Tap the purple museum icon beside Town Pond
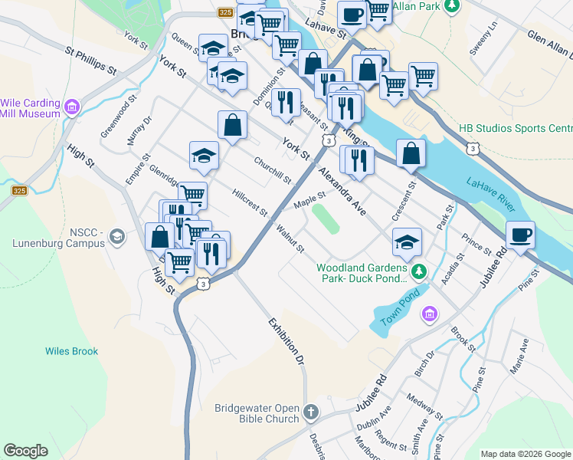pyautogui.click(x=429, y=314)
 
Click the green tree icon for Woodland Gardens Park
pyautogui.click(x=419, y=272)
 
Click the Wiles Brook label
pyautogui.click(x=71, y=351)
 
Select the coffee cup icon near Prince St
pyautogui.click(x=520, y=235)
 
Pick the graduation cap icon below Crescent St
pyautogui.click(x=407, y=242)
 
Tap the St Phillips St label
pyautogui.click(x=90, y=61)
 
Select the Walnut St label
pyautogui.click(x=290, y=238)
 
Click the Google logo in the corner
pyautogui.click(x=25, y=451)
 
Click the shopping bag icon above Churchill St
pyautogui.click(x=232, y=125)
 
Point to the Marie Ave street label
pyautogui.click(x=519, y=356)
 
